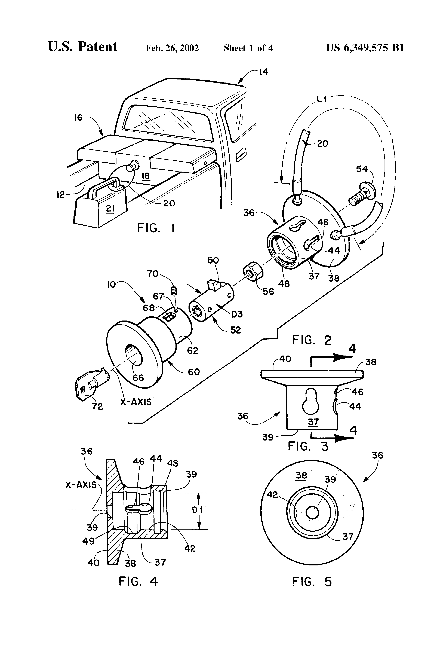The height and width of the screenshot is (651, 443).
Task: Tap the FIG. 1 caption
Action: coord(156,228)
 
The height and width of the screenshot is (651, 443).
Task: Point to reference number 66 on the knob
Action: coord(138,378)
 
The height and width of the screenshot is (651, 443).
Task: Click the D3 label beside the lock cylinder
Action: coord(237,314)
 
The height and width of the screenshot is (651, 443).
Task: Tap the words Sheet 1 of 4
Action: coord(248,48)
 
